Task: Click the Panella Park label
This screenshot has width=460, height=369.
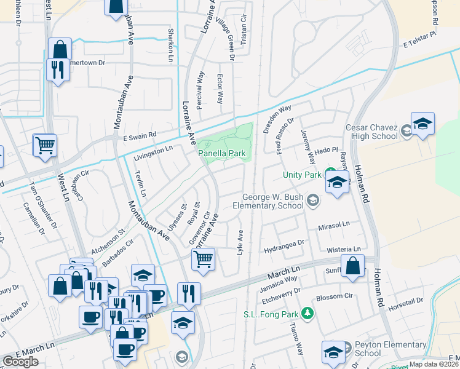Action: pos(223,152)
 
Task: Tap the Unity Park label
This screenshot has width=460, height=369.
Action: pos(303,175)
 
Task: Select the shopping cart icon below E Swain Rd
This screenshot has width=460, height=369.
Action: pos(45,145)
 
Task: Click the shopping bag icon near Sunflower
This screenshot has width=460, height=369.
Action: pos(354,266)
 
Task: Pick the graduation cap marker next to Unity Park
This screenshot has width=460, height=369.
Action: pos(337,182)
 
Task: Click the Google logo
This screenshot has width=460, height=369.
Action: pos(20,362)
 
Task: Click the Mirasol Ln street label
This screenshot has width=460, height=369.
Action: pos(333,226)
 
